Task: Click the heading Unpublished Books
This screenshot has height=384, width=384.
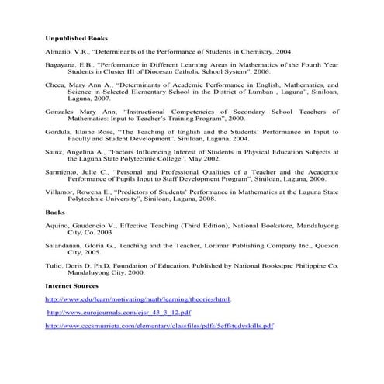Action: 76,38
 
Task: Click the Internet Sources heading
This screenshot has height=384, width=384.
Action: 72,286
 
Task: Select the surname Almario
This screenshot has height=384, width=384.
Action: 59,51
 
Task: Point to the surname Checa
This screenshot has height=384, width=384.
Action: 56,85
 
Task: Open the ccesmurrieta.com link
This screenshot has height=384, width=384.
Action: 159,326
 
